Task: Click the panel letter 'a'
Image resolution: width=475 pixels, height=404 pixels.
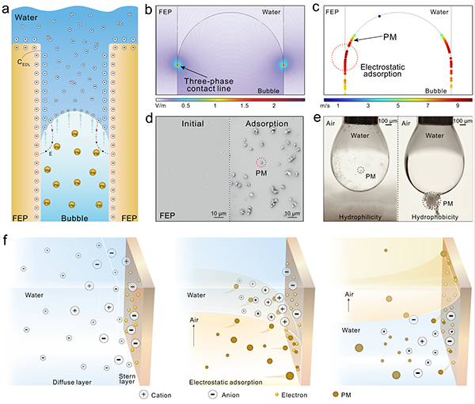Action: coord(6,10)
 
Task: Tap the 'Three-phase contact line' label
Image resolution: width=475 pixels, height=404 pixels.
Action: coord(209,85)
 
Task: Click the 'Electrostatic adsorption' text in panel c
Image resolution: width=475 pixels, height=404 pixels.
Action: coord(382,71)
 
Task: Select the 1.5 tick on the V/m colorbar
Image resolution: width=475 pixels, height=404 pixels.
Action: coord(245,105)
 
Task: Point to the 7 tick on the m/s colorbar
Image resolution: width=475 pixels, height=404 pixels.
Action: coord(427,105)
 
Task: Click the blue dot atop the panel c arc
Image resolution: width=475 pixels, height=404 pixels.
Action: coord(379,16)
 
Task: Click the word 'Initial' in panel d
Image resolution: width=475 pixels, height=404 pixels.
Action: coord(192,124)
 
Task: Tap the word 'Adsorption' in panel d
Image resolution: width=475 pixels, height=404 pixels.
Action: coord(267,124)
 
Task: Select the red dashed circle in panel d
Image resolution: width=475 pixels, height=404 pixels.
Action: coord(261,162)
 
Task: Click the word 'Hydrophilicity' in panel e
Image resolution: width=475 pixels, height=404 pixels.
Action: coord(360,217)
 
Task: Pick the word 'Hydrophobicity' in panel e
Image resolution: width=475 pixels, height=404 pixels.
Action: coord(435,217)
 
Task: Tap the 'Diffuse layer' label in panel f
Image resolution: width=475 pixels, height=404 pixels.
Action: coord(72,382)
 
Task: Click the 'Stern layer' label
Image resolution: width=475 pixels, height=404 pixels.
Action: coord(127,379)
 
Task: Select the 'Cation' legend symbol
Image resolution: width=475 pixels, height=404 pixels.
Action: coord(143,394)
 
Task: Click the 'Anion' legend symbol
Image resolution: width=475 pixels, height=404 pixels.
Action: coord(213,394)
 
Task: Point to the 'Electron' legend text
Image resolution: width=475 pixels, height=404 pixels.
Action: coord(294,395)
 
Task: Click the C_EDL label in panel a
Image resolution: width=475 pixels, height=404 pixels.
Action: coord(24,63)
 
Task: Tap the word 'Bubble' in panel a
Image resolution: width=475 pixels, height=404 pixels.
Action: coord(74,218)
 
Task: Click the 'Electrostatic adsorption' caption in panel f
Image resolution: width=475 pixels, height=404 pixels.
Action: coord(226,382)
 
